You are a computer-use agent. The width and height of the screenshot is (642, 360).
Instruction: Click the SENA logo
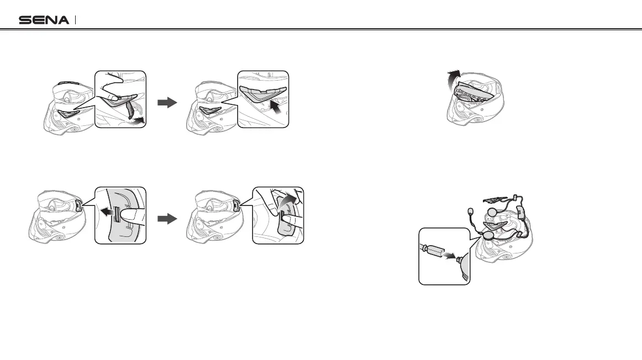pyautogui.click(x=44, y=20)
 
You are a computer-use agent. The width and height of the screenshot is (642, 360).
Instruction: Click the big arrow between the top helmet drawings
pyautogui.click(x=166, y=103)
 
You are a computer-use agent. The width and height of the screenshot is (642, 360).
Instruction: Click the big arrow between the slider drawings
pyautogui.click(x=166, y=218)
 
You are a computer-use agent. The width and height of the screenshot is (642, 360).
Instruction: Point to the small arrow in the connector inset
pyautogui.click(x=450, y=257)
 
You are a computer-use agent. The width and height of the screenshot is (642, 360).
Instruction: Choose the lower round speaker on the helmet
pyautogui.click(x=487, y=234)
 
